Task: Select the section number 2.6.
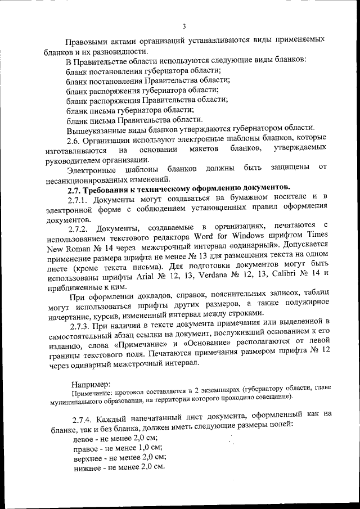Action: click(x=76, y=139)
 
